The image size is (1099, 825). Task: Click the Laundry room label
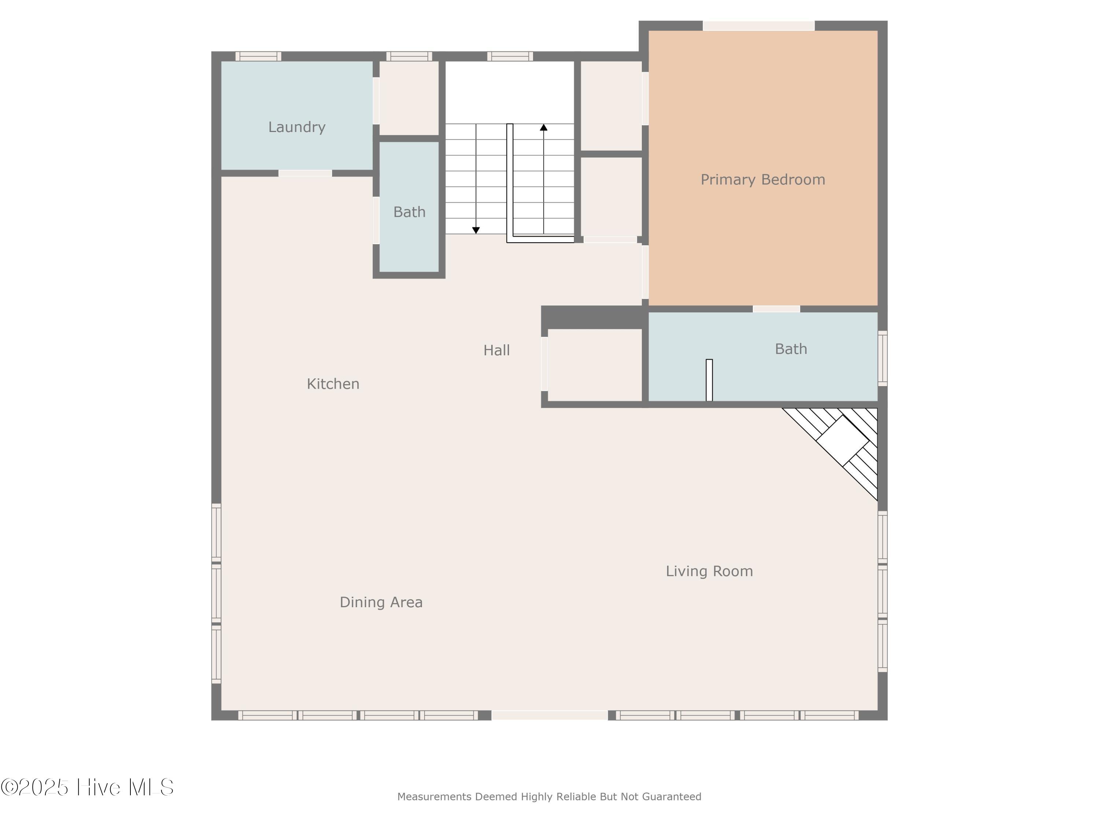pos(297,127)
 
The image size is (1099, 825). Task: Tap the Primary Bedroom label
pos(763,180)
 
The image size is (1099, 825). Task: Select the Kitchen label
pos(333,384)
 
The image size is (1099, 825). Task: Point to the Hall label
pos(496,351)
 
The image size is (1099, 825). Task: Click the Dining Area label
pos(381,602)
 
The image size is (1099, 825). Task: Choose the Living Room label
pos(709,571)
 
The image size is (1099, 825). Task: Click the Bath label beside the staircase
pos(409,212)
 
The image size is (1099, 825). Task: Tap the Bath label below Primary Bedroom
pos(791,349)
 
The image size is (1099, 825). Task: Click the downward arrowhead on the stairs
pos(476,230)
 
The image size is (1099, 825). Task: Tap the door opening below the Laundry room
pos(305,173)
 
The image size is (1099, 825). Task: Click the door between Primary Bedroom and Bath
pos(776,309)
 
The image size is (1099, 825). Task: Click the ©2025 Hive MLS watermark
pos(88,787)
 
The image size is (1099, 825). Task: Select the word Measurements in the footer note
pos(434,797)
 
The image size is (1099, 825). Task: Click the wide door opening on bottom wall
pos(549,715)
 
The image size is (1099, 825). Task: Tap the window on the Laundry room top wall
pos(258,56)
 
